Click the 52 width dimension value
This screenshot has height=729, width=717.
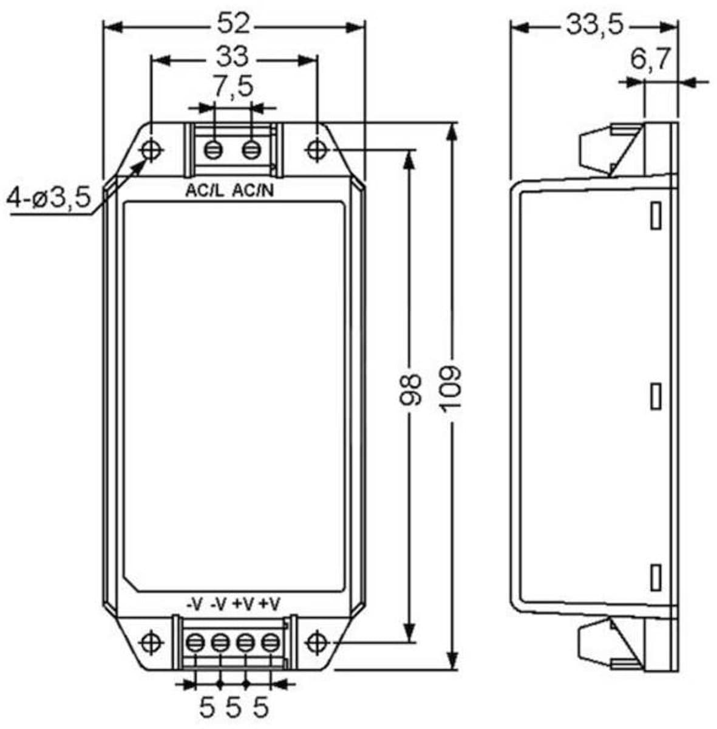click(x=234, y=24)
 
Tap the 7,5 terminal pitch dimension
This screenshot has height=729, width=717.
click(x=233, y=87)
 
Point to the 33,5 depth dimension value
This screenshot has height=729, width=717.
click(x=595, y=25)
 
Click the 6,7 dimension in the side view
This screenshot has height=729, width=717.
click(x=650, y=59)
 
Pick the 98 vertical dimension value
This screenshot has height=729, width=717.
click(x=410, y=390)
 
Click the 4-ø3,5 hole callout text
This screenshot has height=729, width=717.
click(x=49, y=197)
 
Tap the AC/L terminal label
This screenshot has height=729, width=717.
click(x=205, y=191)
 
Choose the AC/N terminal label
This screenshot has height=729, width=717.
click(x=253, y=191)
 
